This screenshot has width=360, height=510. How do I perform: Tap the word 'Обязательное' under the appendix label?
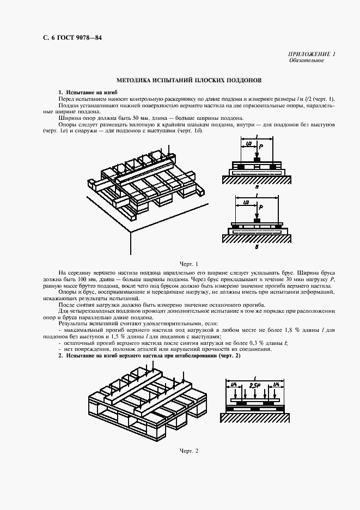(306, 60)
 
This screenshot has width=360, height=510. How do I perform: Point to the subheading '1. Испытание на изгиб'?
(88, 92)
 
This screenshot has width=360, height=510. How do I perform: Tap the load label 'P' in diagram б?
(261, 208)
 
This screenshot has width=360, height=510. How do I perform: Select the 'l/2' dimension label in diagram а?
(249, 143)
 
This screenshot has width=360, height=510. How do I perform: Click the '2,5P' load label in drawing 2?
(254, 385)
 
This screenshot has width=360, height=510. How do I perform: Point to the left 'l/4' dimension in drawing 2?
(233, 385)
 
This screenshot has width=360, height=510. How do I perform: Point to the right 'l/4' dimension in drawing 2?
(277, 385)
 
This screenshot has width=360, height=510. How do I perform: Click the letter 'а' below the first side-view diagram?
(256, 185)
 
